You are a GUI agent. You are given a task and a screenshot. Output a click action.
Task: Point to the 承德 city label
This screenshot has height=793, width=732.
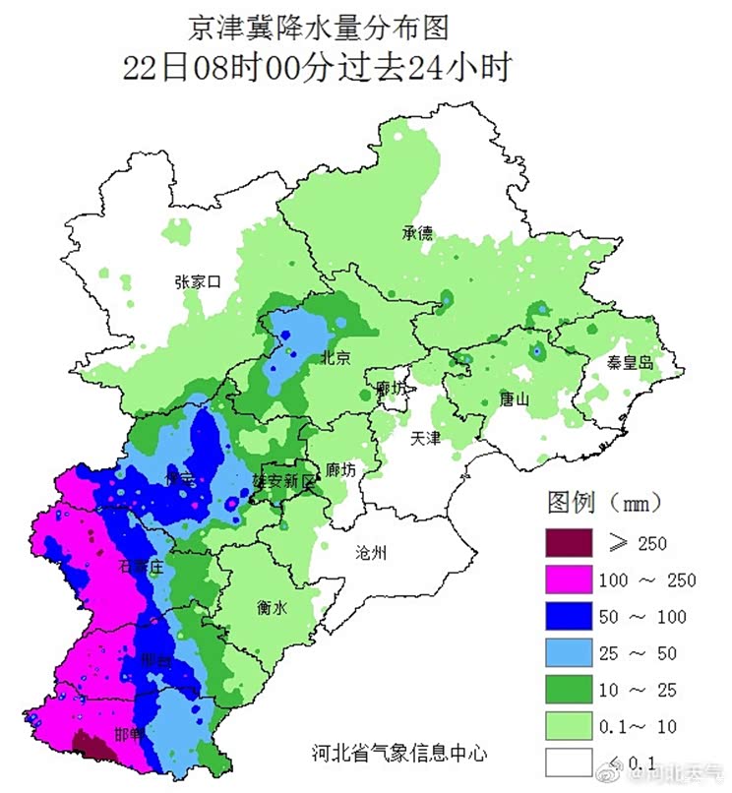pos(416,233)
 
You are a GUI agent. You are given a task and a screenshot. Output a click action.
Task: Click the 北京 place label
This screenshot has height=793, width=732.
pos(335,358)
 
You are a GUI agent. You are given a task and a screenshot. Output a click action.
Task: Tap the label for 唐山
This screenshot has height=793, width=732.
pos(514,399)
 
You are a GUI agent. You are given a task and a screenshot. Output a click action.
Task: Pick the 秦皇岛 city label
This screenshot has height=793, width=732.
pos(629,363)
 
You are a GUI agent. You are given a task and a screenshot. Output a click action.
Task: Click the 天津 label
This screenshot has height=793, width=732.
pos(425,439)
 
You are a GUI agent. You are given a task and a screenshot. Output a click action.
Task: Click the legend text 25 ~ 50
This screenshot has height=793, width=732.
pos(639,653)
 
